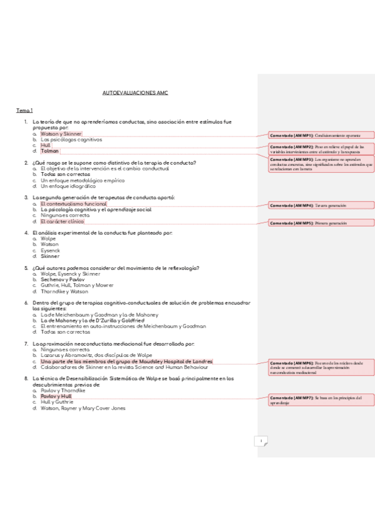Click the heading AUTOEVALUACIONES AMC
pyautogui.click(x=135, y=92)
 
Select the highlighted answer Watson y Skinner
pyautogui.click(x=61, y=133)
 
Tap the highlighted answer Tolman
pyautogui.click(x=49, y=151)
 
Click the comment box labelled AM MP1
pyautogui.click(x=321, y=135)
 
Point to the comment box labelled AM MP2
pyautogui.click(x=321, y=148)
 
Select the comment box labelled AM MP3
pyautogui.click(x=321, y=164)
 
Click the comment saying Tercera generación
pyautogui.click(x=321, y=205)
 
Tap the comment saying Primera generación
pyautogui.click(x=321, y=223)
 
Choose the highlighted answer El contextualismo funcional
pyautogui.click(x=73, y=204)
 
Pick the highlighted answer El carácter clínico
pyautogui.click(x=62, y=221)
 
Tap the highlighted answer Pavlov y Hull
pyautogui.click(x=56, y=396)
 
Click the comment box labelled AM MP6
pyautogui.click(x=321, y=368)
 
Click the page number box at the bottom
pyautogui.click(x=261, y=441)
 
